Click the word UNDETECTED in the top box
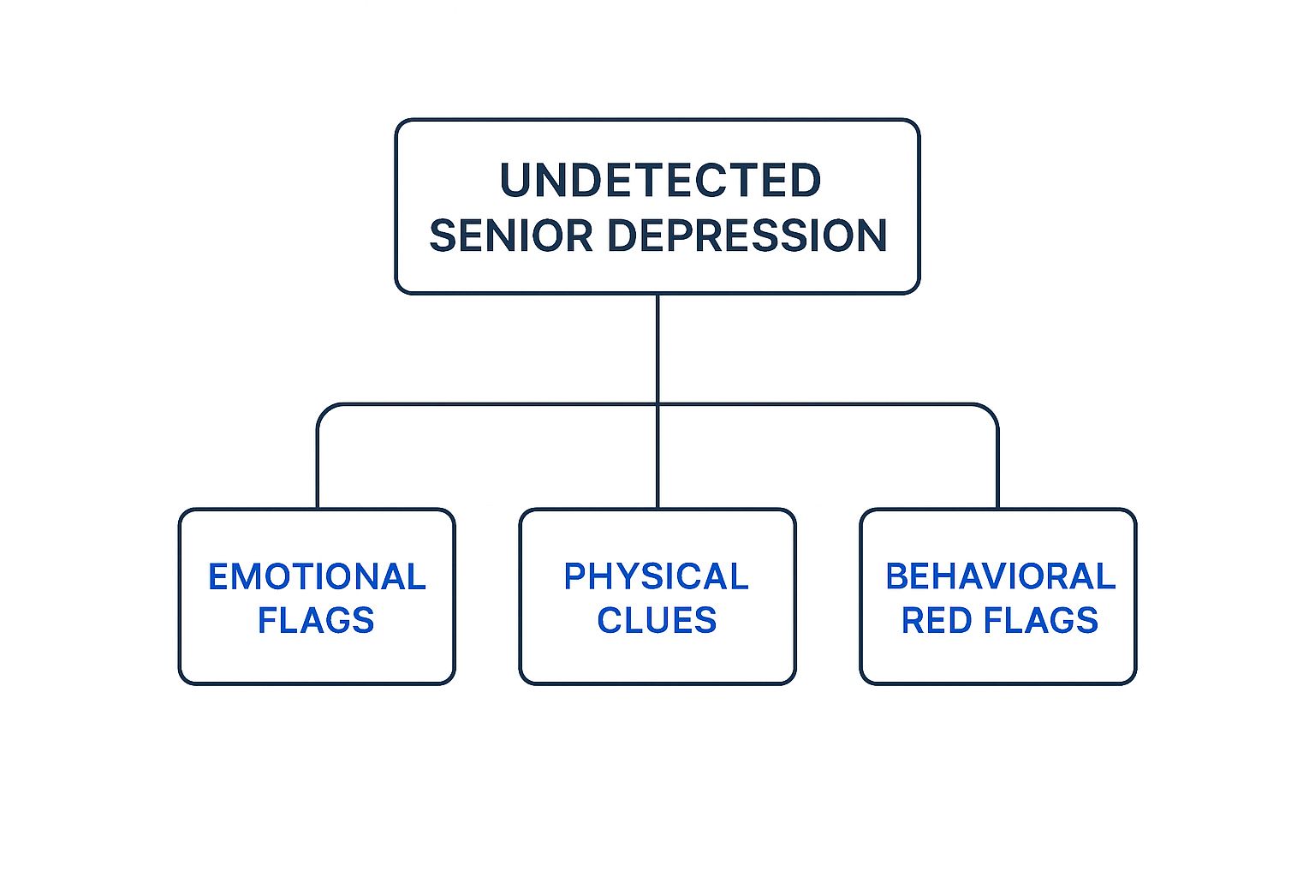click(x=660, y=181)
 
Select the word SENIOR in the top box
click(x=510, y=236)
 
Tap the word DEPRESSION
click(x=747, y=236)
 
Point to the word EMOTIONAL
click(x=317, y=577)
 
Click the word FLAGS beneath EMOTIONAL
click(x=316, y=620)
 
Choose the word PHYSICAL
click(x=656, y=577)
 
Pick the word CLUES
click(x=657, y=620)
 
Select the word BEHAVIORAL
click(x=1000, y=577)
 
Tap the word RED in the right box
click(x=937, y=620)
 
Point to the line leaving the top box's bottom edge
click(x=657, y=343)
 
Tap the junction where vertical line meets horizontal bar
click(x=657, y=404)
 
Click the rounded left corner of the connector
click(x=324, y=410)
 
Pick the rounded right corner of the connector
click(x=991, y=410)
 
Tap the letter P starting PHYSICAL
click(x=574, y=577)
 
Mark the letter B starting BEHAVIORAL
click(x=897, y=577)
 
